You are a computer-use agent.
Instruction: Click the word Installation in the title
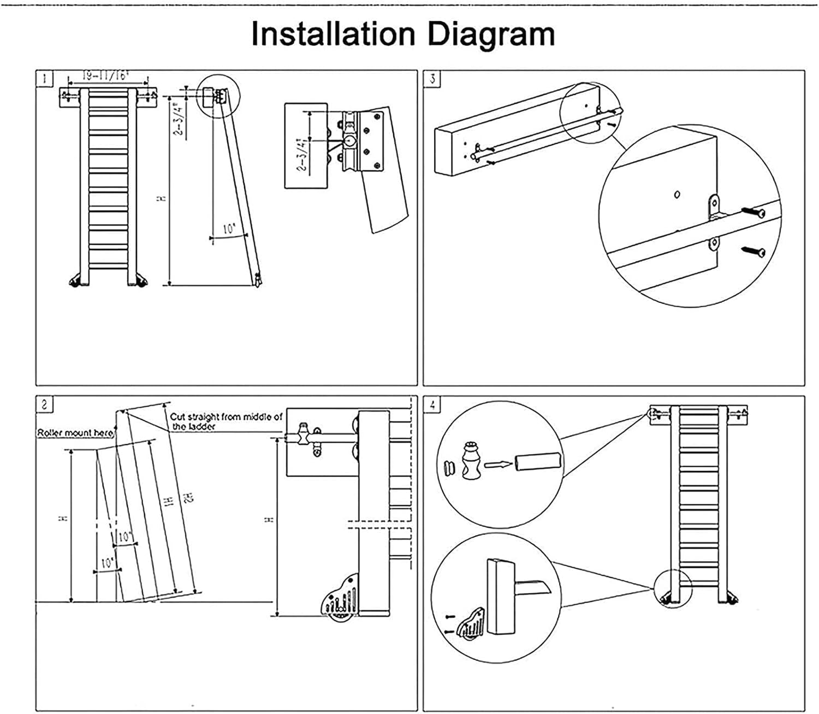(333, 34)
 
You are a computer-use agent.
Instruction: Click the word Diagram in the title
(491, 34)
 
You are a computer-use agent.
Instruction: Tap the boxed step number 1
(44, 79)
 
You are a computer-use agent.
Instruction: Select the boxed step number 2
(44, 404)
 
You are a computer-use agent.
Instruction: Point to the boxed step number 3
(432, 79)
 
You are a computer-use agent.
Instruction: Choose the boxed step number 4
(432, 404)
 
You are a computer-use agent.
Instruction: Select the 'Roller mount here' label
(75, 433)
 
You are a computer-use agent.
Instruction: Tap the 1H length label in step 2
(170, 500)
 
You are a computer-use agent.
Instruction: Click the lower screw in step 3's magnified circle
(753, 251)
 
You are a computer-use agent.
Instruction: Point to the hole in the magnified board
(676, 194)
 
